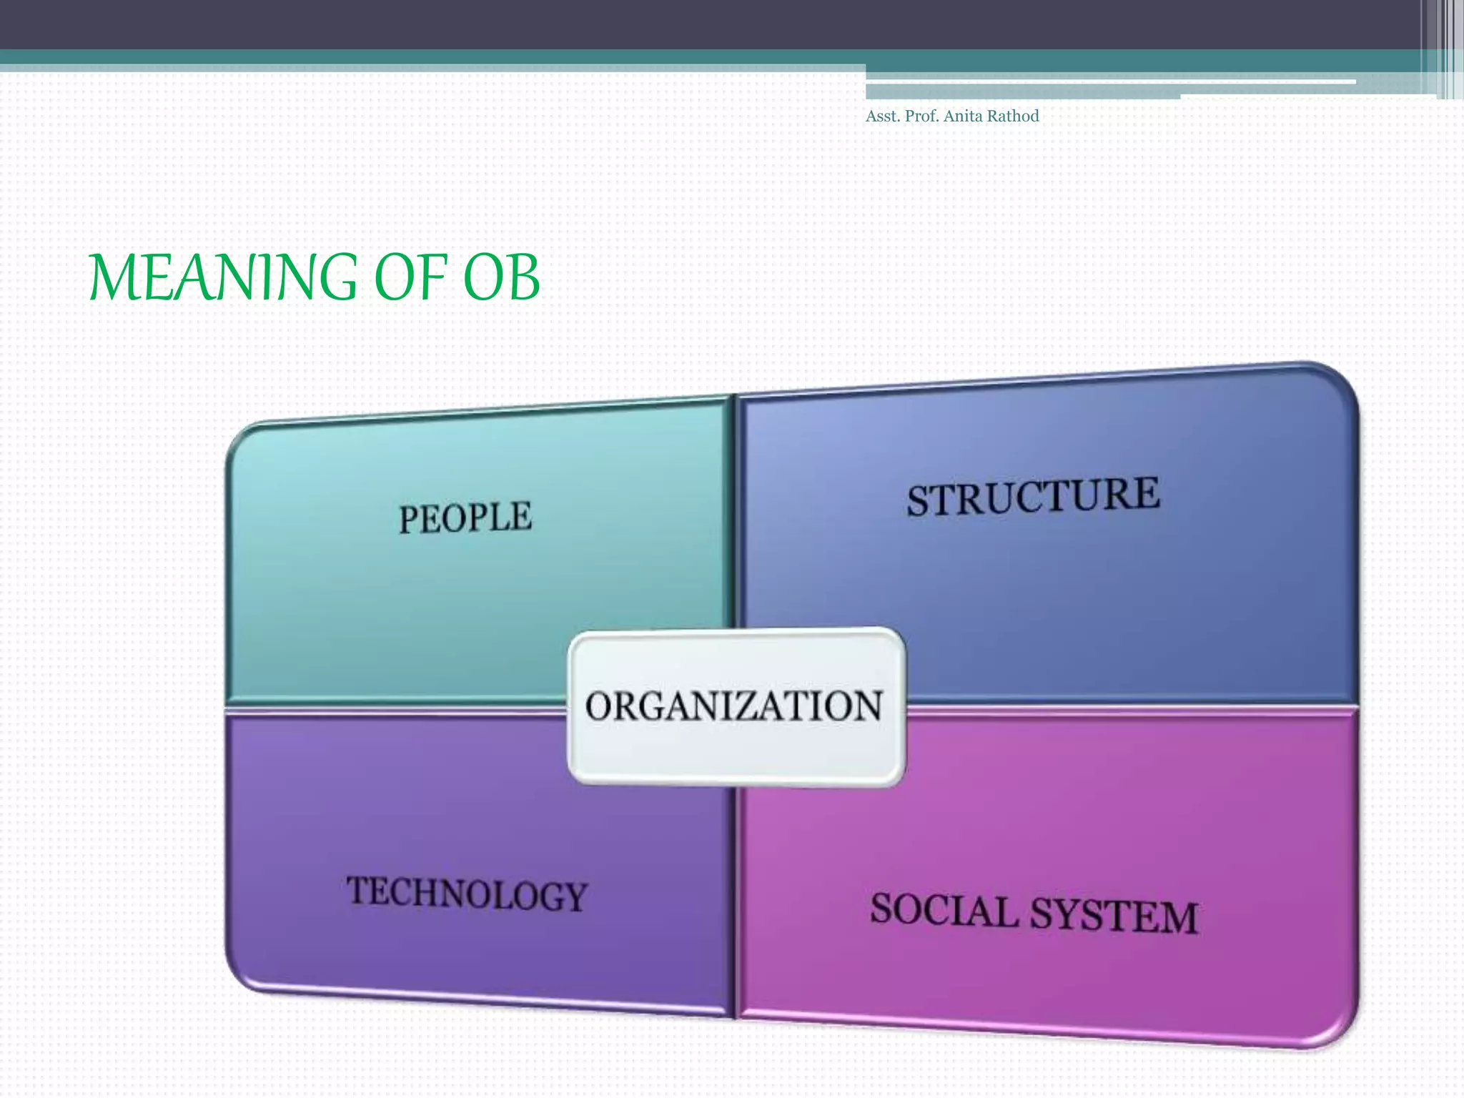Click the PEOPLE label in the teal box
pos(465,518)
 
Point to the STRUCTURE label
pos(1033,497)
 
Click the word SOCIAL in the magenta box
pos(944,911)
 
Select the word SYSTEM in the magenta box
pos(1115,916)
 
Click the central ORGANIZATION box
pos(736,706)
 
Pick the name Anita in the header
pos(963,117)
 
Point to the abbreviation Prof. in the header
pos(922,117)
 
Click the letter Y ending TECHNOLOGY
pos(574,898)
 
